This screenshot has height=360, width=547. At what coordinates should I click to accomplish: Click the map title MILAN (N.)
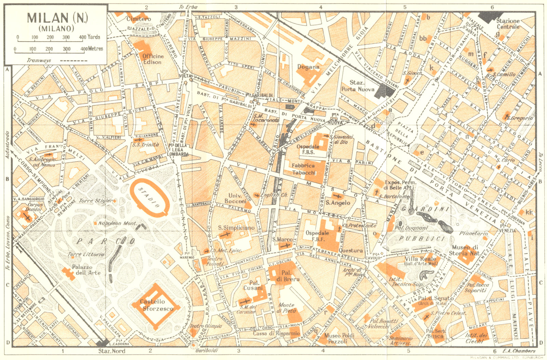[57, 18]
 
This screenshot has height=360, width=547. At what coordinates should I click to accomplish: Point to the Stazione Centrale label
[508, 24]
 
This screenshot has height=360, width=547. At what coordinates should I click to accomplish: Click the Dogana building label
[308, 67]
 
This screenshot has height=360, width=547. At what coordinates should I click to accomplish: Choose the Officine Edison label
[153, 59]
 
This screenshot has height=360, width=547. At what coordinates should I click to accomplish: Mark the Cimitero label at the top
[138, 19]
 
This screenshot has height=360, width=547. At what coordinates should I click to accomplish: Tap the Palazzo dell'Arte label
[86, 270]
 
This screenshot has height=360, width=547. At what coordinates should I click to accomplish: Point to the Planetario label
[473, 234]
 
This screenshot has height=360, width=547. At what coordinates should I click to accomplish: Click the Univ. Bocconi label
[236, 199]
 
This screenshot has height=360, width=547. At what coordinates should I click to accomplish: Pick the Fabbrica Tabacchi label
[304, 169]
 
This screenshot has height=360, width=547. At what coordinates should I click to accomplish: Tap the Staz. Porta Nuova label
[358, 86]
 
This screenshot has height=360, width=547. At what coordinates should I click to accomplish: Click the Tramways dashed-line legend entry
[57, 60]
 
